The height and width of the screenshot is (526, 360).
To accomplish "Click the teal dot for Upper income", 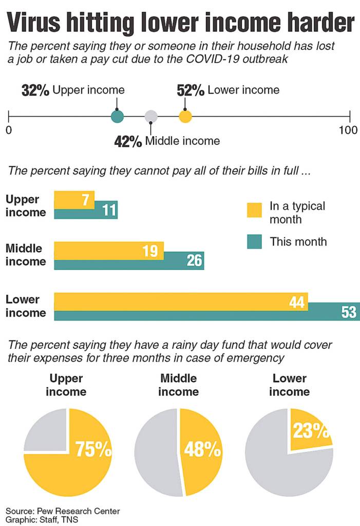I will point(118,117).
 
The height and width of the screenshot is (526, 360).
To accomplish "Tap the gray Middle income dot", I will point(151,117).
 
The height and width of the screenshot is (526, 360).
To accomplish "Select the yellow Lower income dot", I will point(185,117).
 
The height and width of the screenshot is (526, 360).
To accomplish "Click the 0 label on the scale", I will point(9,130).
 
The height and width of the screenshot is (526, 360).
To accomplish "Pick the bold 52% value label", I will point(191,90).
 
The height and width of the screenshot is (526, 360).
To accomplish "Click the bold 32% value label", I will point(35,91).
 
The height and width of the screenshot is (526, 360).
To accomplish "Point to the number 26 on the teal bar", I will point(195,261).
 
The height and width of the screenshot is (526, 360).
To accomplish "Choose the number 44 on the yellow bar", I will point(297,302).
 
